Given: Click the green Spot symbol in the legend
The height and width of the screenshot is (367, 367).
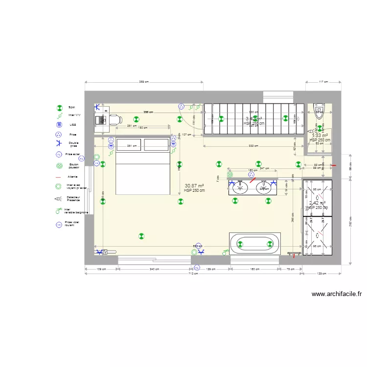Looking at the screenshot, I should pyautogui.click(x=59, y=107).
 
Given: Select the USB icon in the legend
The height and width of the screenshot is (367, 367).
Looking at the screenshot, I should pyautogui.click(x=59, y=125).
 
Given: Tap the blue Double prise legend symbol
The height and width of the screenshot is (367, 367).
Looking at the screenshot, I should pyautogui.click(x=59, y=144).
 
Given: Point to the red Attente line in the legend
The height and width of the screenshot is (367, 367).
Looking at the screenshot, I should pyautogui.click(x=58, y=177).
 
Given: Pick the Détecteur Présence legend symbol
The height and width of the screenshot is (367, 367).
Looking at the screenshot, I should pyautogui.click(x=58, y=199).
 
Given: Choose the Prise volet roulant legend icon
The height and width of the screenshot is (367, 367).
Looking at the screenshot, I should pyautogui.click(x=59, y=225).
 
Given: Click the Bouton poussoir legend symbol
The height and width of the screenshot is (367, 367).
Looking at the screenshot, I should pyautogui.click(x=59, y=166).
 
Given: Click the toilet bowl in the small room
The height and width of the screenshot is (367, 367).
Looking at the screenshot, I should pyautogui.click(x=319, y=108).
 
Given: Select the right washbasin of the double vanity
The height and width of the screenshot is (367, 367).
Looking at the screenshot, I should pyautogui.click(x=264, y=187).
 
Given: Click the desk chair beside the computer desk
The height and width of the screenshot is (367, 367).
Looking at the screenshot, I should pyautogui.click(x=115, y=118).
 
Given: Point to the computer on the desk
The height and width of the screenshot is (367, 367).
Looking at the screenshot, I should pyautogui.click(x=102, y=119).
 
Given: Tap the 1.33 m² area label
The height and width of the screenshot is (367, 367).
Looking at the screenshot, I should pyautogui.click(x=320, y=136).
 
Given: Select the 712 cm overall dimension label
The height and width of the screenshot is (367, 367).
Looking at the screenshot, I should pyautogui.click(x=193, y=274).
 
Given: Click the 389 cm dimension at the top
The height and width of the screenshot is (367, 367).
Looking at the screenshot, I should pyautogui.click(x=144, y=82).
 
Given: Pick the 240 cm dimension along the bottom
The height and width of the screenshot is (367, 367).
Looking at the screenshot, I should pyautogui.click(x=154, y=269).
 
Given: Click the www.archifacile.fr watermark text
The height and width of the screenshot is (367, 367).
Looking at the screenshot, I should pyautogui.click(x=336, y=294).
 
